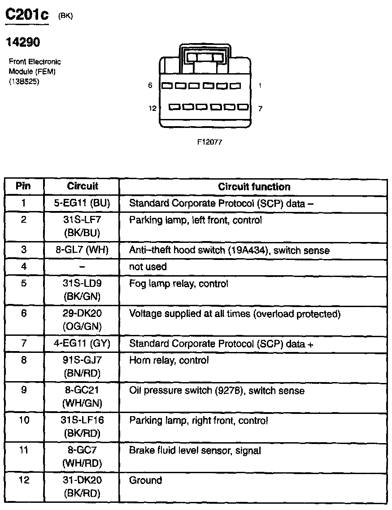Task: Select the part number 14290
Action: [23, 42]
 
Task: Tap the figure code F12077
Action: [210, 141]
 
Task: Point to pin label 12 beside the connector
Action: [152, 108]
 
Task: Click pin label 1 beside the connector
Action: [260, 85]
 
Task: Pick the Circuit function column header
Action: [254, 187]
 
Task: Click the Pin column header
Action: [23, 186]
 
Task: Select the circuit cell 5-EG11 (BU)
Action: [82, 203]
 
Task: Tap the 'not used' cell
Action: [148, 267]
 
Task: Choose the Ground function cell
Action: [145, 480]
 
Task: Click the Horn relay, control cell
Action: [169, 360]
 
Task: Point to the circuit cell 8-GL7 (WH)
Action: [82, 250]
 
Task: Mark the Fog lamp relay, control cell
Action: [179, 284]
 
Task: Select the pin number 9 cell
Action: [24, 390]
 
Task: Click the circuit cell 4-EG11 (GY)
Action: [82, 344]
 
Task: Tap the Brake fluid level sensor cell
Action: [195, 450]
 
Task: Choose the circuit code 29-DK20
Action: [82, 313]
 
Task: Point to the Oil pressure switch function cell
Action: [217, 391]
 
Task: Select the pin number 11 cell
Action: [24, 450]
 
